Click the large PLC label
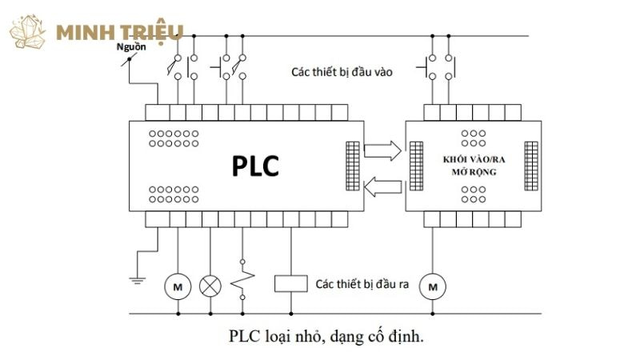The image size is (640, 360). [255, 166]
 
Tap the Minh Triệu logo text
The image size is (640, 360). [120, 33]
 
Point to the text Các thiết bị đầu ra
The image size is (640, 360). [362, 283]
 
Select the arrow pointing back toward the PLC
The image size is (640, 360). [383, 187]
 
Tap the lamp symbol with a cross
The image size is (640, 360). [210, 285]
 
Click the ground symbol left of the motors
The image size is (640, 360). [137, 279]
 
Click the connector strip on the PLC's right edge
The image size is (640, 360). [353, 166]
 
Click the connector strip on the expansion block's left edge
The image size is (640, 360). [416, 166]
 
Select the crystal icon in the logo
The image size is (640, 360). [30, 32]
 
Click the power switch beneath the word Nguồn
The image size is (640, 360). [126, 60]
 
